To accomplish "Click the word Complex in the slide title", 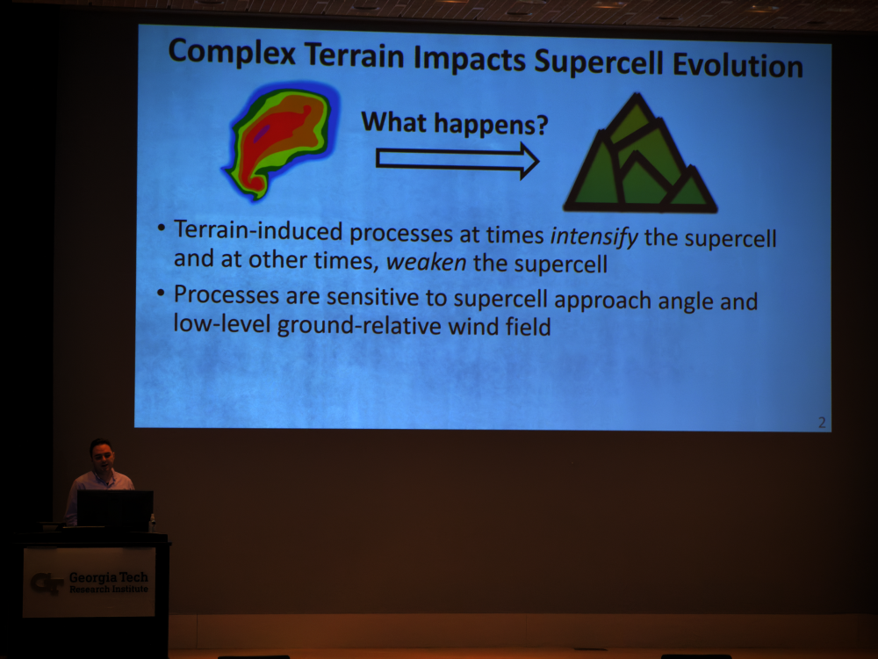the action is click(231, 54).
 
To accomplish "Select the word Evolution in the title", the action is click(738, 65).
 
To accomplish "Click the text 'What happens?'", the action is click(454, 123).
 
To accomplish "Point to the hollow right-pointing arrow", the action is click(457, 160).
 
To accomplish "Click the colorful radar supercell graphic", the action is click(281, 140).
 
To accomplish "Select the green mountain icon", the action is click(639, 153).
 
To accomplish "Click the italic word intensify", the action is click(594, 236).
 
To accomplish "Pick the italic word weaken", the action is click(426, 262).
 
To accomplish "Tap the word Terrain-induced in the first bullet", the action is click(258, 230).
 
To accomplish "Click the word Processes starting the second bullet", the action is click(227, 294).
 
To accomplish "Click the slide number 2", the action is click(822, 423).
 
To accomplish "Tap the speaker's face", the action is click(103, 457).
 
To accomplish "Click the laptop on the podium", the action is click(115, 509).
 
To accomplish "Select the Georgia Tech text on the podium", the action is click(109, 577).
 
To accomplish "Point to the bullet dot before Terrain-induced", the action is click(162, 228).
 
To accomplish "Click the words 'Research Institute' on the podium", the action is click(109, 590).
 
